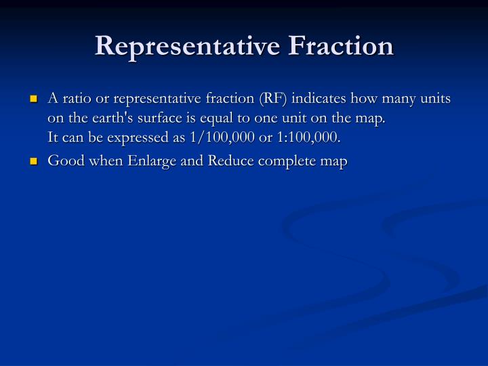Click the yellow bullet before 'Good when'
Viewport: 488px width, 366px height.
coord(33,163)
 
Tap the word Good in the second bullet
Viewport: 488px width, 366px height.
coord(63,162)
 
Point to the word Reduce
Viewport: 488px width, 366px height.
coord(218,162)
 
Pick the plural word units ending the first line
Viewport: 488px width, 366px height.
coord(436,99)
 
